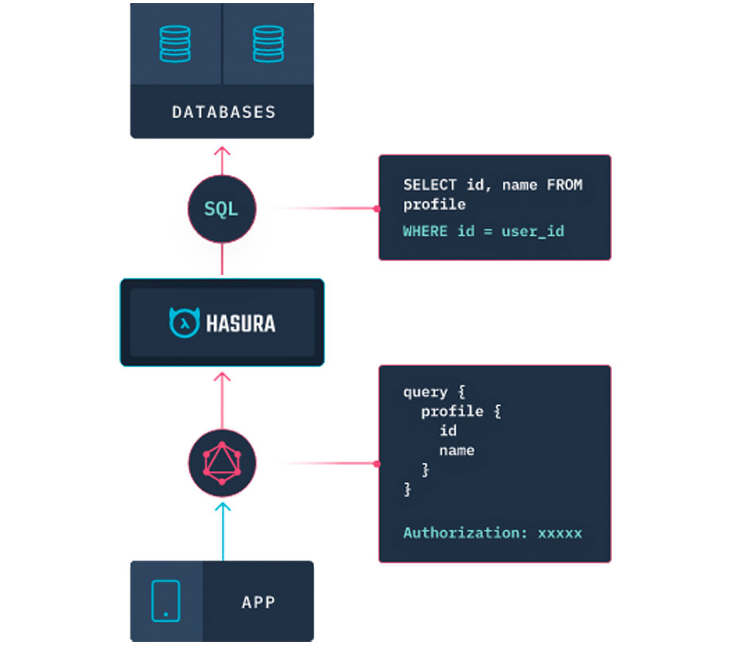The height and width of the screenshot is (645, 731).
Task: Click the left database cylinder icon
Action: coord(175,44)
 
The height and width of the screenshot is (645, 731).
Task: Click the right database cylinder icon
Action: coord(268,44)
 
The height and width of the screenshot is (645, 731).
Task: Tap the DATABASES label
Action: coord(224,112)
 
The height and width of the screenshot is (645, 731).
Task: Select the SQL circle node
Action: coord(222,209)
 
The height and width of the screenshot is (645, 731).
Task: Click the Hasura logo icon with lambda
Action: coord(185,322)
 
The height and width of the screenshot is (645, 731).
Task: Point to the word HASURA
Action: coord(240,323)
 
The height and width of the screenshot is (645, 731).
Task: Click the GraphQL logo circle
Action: coord(222,463)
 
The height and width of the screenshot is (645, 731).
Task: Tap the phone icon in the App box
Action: coord(165,601)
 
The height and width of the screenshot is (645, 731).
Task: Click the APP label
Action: coord(259,602)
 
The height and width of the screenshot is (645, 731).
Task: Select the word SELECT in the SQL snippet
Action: coord(430,185)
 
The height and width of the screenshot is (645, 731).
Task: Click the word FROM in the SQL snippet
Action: coord(565,185)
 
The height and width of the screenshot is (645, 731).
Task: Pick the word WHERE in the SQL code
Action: coord(426,231)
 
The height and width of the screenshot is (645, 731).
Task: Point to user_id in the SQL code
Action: coord(533,232)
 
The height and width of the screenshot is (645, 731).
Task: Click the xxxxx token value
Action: coord(560,534)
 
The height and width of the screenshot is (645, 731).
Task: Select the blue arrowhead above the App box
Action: coord(223,507)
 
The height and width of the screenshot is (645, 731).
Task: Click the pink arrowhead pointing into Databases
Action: coord(222,151)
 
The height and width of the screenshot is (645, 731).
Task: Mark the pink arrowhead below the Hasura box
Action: coord(222,377)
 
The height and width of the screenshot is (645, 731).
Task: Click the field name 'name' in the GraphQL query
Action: coord(457,451)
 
